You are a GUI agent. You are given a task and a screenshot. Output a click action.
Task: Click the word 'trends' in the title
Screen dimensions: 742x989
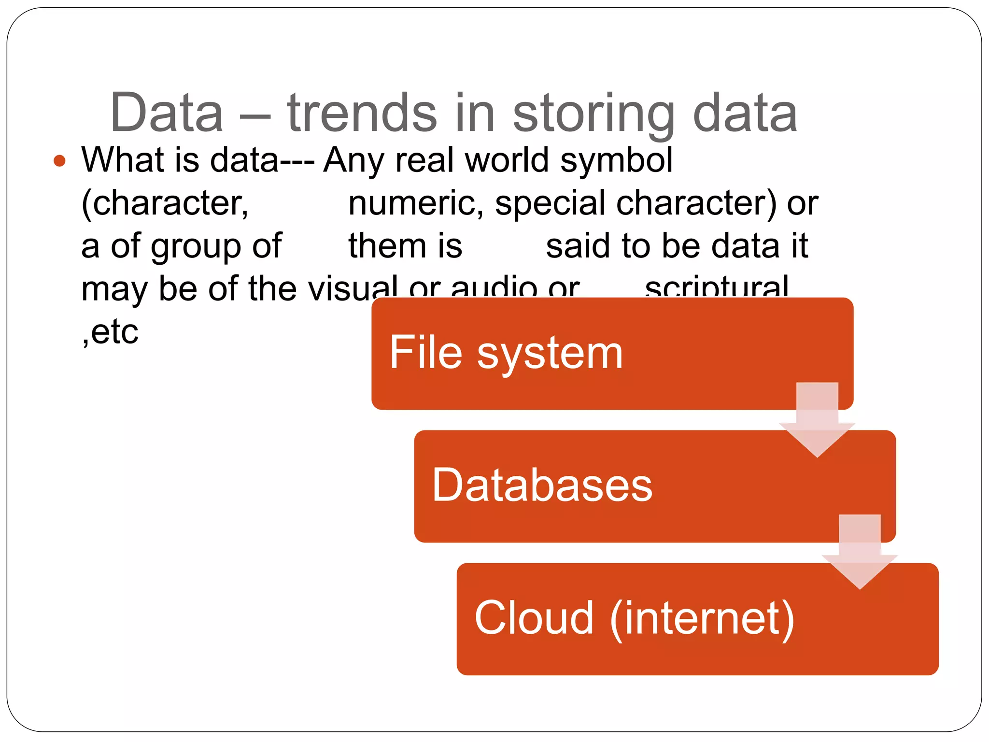362,113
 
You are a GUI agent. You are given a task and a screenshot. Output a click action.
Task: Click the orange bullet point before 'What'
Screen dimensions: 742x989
59,160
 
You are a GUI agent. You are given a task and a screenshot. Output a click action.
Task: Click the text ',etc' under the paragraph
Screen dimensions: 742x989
110,332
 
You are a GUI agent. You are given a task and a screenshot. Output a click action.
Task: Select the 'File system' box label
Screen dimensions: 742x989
506,353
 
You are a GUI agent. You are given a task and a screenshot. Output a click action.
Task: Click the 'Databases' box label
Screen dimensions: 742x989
542,485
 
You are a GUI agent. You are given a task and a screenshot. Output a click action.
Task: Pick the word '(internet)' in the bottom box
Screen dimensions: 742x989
702,618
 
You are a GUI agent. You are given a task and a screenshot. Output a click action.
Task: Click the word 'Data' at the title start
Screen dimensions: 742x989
167,113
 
